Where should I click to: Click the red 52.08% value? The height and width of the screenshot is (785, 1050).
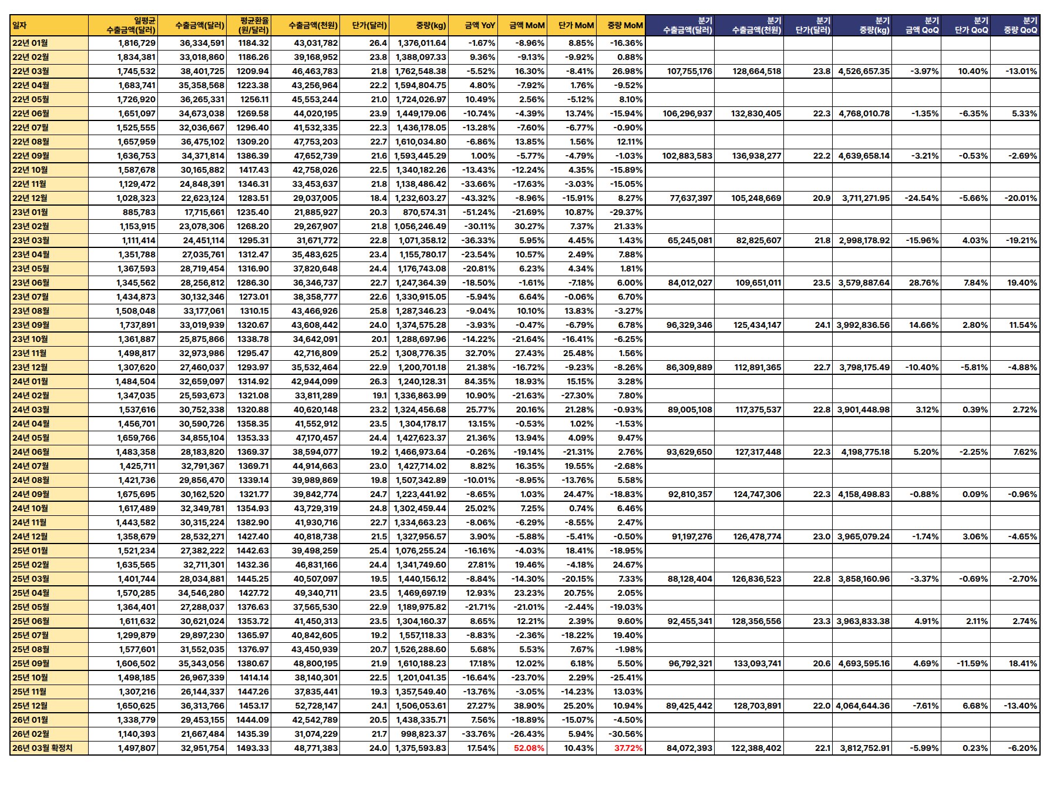pos(529,748)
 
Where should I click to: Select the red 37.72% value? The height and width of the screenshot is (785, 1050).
pos(628,748)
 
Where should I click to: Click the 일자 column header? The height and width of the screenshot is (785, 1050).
pos(20,25)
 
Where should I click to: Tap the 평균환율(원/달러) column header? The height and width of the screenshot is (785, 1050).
pos(254,25)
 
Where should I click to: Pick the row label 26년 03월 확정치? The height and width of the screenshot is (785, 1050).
pos(42,748)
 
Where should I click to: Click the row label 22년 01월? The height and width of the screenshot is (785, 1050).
pos(31,43)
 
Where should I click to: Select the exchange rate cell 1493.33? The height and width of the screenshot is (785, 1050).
pos(253,748)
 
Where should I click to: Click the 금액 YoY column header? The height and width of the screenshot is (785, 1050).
pos(480,25)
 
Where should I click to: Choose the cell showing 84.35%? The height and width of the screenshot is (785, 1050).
pos(480,381)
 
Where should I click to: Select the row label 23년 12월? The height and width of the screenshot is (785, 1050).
pos(31,367)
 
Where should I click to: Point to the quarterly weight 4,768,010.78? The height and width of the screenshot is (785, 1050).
pos(864,113)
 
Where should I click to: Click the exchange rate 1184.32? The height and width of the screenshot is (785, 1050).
pos(253,43)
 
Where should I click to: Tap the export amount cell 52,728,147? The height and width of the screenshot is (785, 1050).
pos(315,706)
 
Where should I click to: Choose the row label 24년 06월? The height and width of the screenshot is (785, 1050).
pos(31,452)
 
